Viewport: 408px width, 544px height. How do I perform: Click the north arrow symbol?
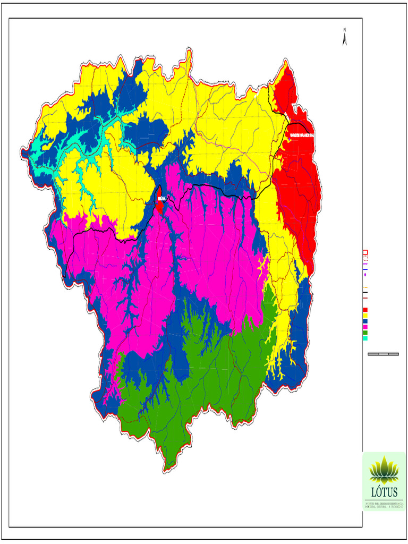click(345, 39)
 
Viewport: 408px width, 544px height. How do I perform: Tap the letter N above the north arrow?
click(345, 29)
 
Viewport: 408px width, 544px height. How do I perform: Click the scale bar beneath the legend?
click(383, 354)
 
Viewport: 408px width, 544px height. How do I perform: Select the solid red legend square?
click(365, 310)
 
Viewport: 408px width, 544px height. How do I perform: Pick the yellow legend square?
click(365, 316)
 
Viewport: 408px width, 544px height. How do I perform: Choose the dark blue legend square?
click(365, 321)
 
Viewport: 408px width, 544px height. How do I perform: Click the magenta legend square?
click(365, 327)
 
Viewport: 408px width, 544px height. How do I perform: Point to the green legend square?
click(365, 333)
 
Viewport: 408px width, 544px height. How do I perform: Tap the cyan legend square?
click(365, 338)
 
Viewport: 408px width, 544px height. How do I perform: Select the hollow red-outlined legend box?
click(365, 252)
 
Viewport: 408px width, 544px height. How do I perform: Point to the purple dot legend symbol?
click(365, 275)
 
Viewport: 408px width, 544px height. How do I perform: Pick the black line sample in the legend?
click(365, 293)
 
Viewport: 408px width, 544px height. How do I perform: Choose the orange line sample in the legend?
click(365, 287)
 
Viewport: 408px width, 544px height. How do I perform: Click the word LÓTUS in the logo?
click(384, 492)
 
